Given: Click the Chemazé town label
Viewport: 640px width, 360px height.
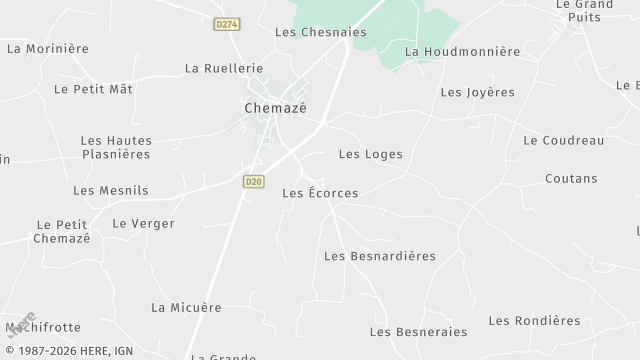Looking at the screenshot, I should coord(275,107).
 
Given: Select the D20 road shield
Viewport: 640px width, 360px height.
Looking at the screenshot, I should coord(253,181).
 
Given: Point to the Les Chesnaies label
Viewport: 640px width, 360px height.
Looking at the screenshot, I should coord(320,32).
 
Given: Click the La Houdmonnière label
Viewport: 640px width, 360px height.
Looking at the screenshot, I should coord(463,51).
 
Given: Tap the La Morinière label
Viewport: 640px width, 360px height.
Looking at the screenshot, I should coord(48,48).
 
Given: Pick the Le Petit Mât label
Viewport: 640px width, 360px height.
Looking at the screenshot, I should coord(93,89).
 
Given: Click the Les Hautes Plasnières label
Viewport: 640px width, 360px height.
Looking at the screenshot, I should coord(115,147).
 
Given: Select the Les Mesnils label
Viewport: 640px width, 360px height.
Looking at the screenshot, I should coord(110,190).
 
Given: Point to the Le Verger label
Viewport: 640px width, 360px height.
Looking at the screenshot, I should coord(143,224).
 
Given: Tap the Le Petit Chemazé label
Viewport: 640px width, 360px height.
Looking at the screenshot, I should coord(62,231).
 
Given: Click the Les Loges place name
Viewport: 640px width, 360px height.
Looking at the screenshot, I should coord(370,154).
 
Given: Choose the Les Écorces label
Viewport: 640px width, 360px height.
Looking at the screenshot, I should coord(320,193).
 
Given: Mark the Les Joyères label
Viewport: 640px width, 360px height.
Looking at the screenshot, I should coord(477,92).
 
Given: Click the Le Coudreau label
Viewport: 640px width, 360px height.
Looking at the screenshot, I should coord(563,141).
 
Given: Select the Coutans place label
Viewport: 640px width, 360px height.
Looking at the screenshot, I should coord(571,179).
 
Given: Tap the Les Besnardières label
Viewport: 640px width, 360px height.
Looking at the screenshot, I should coord(380,256).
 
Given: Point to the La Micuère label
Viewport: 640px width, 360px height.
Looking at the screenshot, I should coord(186,307).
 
